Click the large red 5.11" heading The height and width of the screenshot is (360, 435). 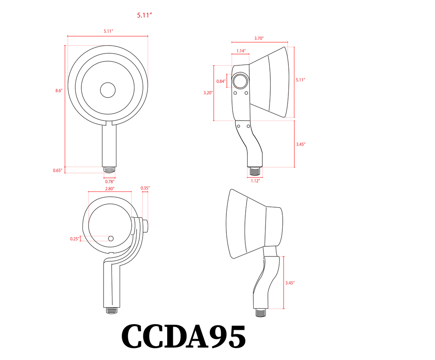tap(144, 15)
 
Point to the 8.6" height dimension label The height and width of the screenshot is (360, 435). tap(59, 91)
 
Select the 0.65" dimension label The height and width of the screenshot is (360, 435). tap(58, 171)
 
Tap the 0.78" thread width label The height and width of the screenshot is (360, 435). tap(110, 181)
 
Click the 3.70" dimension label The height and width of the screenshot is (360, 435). tap(259, 38)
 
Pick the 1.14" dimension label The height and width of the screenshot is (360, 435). tap(241, 51)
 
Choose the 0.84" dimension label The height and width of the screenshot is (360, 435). tap(221, 81)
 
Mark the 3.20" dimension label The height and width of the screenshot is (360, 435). tap(208, 93)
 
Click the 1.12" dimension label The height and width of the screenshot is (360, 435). tap(255, 181)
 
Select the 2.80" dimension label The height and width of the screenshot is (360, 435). tap(110, 188)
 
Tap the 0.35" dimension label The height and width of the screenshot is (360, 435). tap(145, 188)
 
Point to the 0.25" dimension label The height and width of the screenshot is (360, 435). tap(75, 239)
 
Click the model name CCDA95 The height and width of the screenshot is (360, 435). tap(184, 337)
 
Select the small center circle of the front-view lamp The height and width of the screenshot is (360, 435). tap(108, 90)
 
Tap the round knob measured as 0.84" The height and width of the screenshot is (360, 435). tap(241, 81)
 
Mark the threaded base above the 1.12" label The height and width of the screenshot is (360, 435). tap(255, 171)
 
